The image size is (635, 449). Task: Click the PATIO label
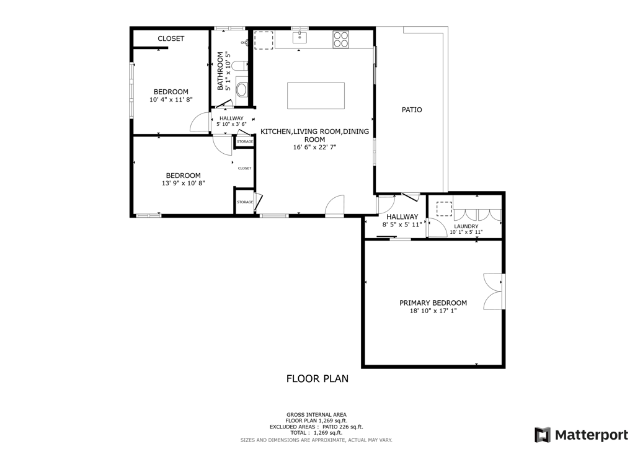click(x=412, y=110)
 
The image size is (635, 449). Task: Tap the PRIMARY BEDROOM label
click(x=433, y=303)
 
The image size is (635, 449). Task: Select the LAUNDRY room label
click(x=466, y=226)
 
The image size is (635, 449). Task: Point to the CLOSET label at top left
click(x=171, y=38)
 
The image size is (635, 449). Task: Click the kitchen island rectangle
click(x=316, y=96)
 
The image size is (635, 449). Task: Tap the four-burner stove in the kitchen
click(x=340, y=39)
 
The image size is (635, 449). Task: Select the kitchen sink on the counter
click(x=300, y=38)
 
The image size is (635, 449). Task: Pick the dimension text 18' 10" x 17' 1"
click(x=433, y=311)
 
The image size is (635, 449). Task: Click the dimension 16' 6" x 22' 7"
click(x=314, y=148)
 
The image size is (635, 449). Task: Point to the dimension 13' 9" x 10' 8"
click(x=183, y=184)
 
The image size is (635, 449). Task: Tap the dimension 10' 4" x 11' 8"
click(x=171, y=100)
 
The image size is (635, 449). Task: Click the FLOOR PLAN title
click(x=317, y=378)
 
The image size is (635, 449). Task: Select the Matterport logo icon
click(x=542, y=434)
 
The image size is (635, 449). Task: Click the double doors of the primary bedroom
click(x=494, y=291)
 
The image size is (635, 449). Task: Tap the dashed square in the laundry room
click(x=444, y=208)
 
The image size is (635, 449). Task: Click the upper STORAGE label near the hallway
click(x=244, y=142)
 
